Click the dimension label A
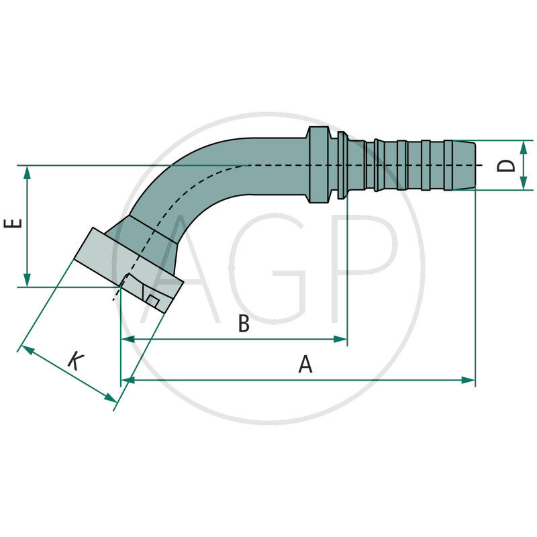[305, 364]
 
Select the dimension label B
[244, 324]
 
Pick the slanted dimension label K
[76, 362]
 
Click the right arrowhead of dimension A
[469, 381]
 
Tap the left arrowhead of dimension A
[128, 381]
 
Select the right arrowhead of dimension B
[341, 340]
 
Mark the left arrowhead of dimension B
[128, 340]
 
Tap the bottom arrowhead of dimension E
[27, 281]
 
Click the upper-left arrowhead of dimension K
[26, 348]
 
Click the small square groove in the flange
[152, 301]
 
